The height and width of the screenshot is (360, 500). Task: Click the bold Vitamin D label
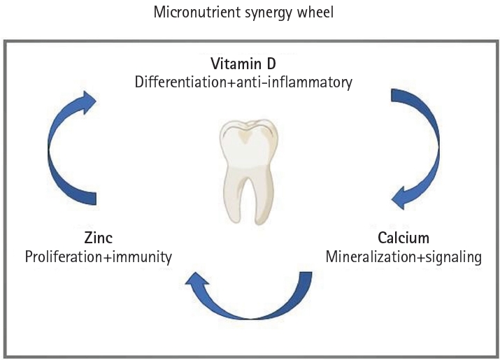(x=243, y=64)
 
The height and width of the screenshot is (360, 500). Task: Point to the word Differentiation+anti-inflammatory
(x=243, y=82)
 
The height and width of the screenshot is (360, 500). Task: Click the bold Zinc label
(x=98, y=238)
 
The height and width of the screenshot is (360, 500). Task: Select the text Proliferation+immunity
(x=98, y=257)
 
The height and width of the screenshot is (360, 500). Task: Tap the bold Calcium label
(x=403, y=238)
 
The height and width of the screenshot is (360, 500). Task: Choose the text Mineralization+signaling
(x=403, y=257)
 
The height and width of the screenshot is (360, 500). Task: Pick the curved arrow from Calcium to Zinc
(x=249, y=317)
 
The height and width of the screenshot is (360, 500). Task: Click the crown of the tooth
(x=248, y=145)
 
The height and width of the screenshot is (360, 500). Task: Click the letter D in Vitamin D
(x=271, y=64)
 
